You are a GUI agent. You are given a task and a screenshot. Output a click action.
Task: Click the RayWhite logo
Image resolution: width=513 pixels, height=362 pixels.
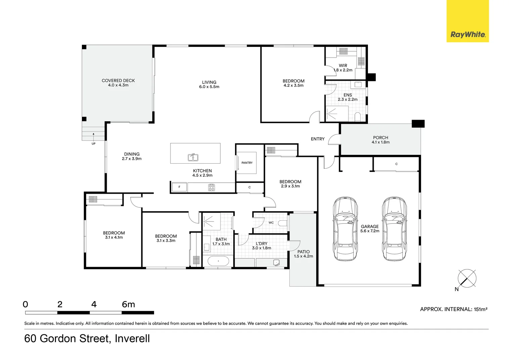(x=467, y=34)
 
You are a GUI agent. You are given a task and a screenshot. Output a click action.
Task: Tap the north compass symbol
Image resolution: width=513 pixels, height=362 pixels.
(x=467, y=278)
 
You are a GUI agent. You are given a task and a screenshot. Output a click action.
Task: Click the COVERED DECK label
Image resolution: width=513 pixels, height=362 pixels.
(x=118, y=80)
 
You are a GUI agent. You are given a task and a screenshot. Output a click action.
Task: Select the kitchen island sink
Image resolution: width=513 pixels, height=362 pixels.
(x=193, y=157)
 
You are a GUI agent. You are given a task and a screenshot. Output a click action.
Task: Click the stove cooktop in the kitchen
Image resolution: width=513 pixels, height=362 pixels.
(x=212, y=187)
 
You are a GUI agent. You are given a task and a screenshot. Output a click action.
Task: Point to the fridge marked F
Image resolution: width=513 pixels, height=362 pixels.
(x=179, y=187)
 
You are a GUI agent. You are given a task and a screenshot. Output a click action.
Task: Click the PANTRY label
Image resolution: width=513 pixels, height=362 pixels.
(x=247, y=163)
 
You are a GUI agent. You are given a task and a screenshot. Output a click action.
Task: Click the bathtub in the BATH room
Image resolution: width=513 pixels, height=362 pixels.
(x=218, y=261)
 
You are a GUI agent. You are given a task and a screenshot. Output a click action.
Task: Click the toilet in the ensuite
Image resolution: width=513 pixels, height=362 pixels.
(x=358, y=117)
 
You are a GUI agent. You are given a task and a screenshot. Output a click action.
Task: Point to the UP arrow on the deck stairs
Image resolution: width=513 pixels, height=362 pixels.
(x=93, y=135)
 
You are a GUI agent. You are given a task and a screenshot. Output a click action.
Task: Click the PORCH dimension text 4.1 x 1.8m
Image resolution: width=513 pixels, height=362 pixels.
(x=380, y=142)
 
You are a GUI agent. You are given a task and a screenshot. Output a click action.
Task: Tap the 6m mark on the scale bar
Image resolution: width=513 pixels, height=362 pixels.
(x=128, y=304)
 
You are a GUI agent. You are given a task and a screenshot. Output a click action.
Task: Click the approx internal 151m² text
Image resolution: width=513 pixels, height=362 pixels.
(x=454, y=309)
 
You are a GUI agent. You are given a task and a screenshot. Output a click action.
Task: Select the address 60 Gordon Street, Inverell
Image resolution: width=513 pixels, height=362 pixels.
(x=87, y=339)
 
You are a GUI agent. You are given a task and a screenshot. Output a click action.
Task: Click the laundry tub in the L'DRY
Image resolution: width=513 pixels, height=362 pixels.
(x=277, y=262)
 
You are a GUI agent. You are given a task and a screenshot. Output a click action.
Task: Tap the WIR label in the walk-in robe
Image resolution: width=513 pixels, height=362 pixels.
(x=343, y=66)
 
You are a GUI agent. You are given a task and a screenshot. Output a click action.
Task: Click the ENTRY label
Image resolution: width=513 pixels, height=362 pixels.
(x=318, y=139)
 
